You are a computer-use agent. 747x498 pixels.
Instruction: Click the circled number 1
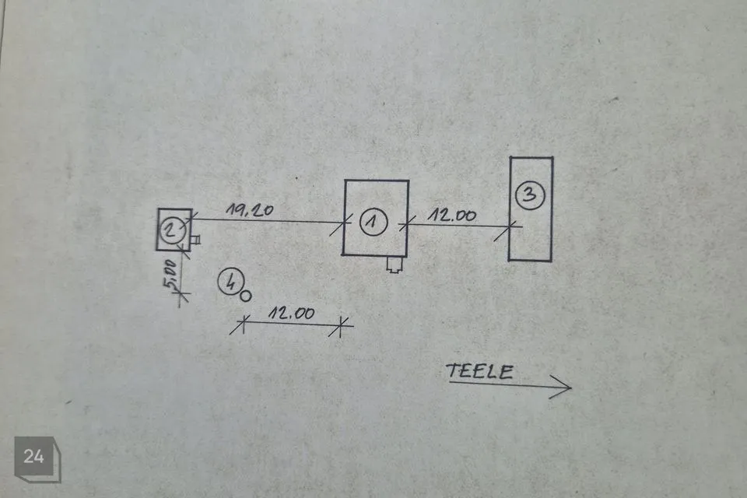(373, 222)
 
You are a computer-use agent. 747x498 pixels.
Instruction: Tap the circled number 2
(171, 230)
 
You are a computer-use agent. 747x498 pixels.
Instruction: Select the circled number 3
(530, 195)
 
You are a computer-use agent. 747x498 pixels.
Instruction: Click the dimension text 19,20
(250, 210)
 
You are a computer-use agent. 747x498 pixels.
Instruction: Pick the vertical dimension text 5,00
(170, 275)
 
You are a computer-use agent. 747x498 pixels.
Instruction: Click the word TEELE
(480, 371)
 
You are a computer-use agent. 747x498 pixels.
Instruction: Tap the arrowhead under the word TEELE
(562, 387)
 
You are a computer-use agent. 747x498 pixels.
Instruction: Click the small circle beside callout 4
(245, 296)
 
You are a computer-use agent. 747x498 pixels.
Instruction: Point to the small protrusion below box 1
(395, 264)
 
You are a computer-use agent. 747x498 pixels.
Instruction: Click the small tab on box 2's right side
(195, 239)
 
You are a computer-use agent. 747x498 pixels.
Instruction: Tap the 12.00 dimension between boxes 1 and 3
(451, 216)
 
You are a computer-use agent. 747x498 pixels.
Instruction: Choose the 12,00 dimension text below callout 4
(292, 313)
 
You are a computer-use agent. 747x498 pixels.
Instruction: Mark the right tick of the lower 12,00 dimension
(341, 327)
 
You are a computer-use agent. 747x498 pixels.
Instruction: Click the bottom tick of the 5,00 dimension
(180, 296)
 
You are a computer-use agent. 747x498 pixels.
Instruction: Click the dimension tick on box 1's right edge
(408, 223)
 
